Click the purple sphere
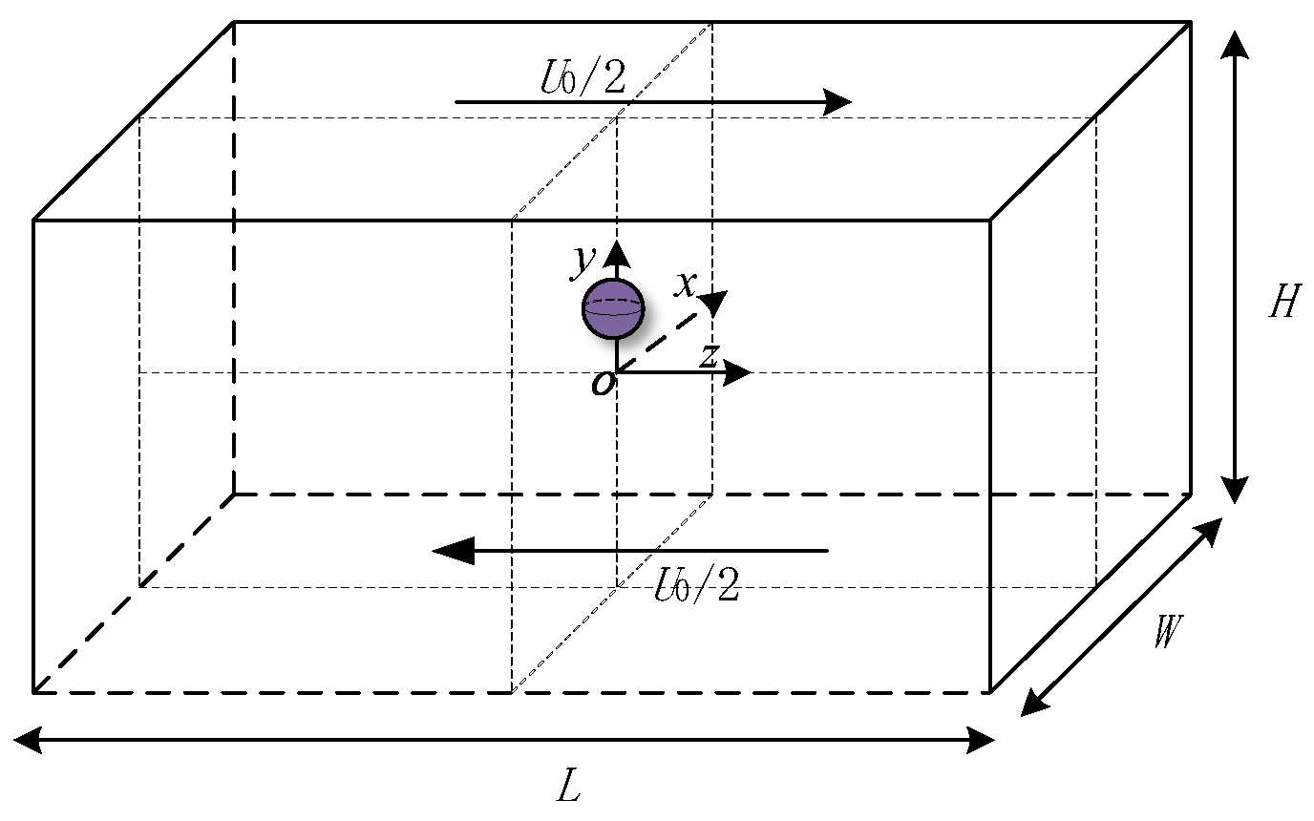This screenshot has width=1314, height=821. (x=613, y=309)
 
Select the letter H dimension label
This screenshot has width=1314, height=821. (x=1283, y=303)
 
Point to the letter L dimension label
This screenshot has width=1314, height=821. (x=568, y=787)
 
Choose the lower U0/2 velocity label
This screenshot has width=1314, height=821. (x=697, y=584)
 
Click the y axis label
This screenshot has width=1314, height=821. (x=582, y=260)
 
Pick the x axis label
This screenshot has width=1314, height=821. (x=685, y=283)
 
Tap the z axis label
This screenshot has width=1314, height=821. (x=708, y=355)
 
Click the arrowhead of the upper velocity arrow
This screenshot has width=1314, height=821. (x=837, y=101)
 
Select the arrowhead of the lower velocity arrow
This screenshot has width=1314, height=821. (x=451, y=551)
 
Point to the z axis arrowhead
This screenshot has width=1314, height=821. (x=739, y=372)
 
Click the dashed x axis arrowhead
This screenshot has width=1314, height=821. (x=714, y=301)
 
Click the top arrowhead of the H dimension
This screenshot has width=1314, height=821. (x=1236, y=44)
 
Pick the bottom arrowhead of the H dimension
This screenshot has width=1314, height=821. (x=1236, y=489)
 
